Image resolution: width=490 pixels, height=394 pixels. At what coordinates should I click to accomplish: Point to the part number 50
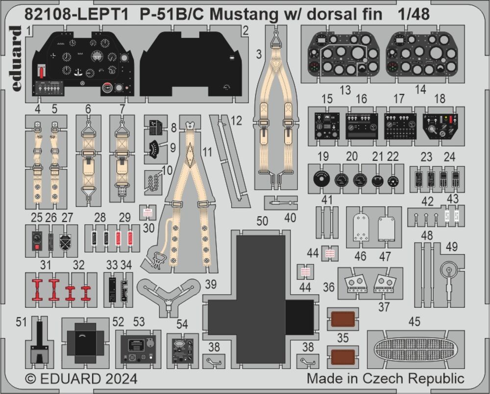[262, 221]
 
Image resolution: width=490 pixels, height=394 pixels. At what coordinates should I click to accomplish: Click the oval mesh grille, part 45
[416, 349]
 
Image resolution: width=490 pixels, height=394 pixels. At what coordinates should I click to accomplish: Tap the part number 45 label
[414, 321]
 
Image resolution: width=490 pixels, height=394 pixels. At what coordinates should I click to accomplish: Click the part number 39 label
[210, 284]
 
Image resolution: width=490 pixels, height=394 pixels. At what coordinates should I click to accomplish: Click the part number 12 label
[236, 121]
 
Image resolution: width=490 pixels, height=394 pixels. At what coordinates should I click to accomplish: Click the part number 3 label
[258, 55]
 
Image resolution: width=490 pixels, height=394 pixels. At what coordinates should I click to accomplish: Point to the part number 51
[21, 322]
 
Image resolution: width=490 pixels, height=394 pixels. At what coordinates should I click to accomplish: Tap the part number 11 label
[207, 152]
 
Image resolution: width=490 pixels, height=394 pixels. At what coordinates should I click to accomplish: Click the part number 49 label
[451, 247]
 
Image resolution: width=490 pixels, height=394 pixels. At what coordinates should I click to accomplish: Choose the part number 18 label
[440, 98]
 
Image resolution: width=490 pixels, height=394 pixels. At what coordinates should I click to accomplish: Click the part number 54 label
[182, 324]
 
